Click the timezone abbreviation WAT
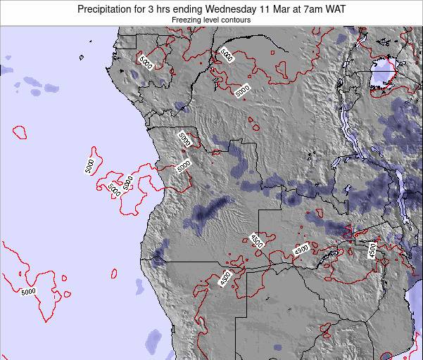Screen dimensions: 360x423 (350, 8)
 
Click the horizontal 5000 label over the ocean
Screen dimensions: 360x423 (29, 292)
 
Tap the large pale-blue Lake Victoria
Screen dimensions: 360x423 (384, 72)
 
